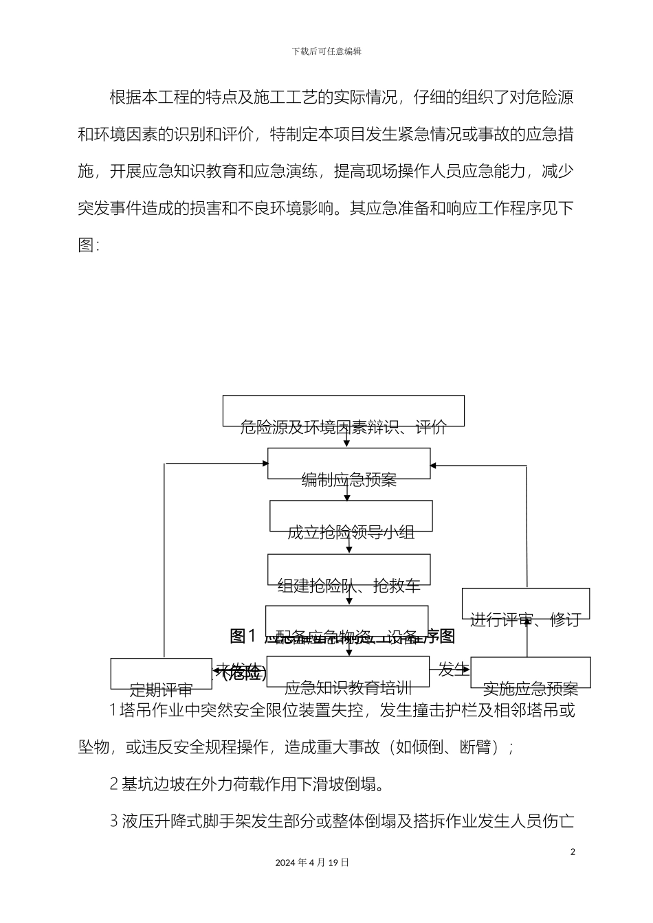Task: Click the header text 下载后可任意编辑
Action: (326, 52)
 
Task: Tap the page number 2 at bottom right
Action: (573, 852)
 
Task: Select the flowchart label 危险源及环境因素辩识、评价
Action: (343, 428)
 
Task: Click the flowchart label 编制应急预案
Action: (349, 480)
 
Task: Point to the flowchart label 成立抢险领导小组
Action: (351, 532)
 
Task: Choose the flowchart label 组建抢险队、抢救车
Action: (349, 586)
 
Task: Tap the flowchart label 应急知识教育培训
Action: (348, 687)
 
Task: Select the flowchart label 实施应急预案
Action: (530, 689)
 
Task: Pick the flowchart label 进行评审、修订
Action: (525, 620)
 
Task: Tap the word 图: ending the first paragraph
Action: (89, 245)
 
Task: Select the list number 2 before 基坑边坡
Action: (114, 784)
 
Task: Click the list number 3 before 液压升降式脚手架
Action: (114, 821)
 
